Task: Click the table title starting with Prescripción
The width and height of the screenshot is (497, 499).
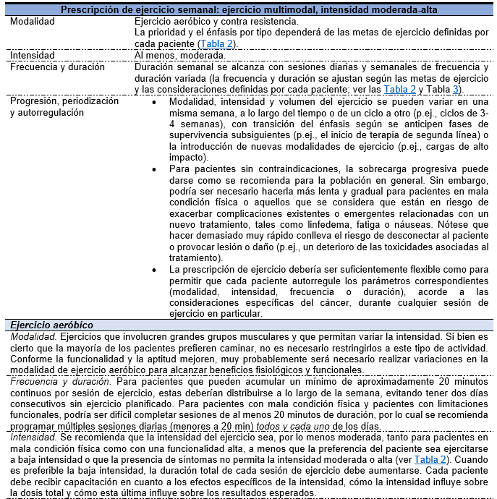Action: (249, 10)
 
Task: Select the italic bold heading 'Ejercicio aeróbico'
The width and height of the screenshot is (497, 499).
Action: (51, 325)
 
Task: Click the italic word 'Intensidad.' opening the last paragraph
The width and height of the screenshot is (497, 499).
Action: (33, 438)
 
